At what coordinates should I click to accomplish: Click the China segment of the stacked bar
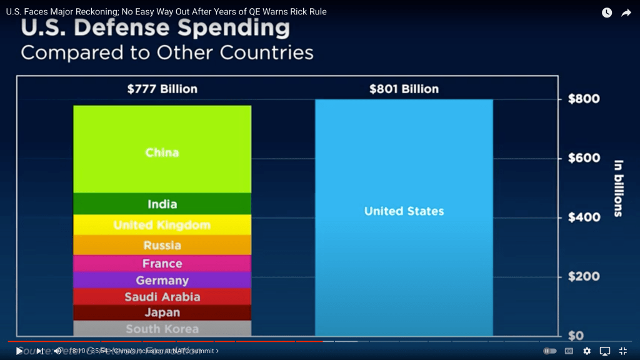(x=162, y=150)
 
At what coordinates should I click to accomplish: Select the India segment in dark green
(x=162, y=204)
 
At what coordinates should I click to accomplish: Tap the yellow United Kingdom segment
(x=162, y=225)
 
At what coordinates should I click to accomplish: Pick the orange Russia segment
(x=162, y=245)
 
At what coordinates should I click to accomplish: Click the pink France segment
(x=162, y=264)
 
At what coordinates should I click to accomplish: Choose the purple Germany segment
(x=162, y=280)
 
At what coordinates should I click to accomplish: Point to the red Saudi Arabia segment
(x=162, y=296)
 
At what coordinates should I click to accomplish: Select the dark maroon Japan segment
(x=162, y=312)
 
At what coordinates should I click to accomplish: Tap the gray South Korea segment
(x=162, y=329)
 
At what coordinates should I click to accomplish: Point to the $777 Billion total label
(x=162, y=89)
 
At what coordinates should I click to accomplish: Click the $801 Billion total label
(x=404, y=89)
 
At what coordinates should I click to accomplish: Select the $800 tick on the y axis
(x=583, y=99)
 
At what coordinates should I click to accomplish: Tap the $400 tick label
(x=583, y=217)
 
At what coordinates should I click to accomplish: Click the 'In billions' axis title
(x=618, y=188)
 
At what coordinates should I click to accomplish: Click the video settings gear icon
(x=587, y=351)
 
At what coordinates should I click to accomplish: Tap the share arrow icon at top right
(x=626, y=12)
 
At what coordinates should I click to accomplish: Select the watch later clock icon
(x=607, y=12)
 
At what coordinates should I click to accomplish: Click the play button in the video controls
(x=19, y=351)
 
